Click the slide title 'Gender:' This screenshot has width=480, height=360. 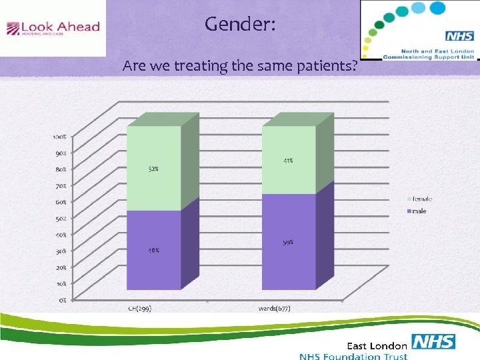[239, 25]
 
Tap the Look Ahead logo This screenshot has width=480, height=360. [53, 28]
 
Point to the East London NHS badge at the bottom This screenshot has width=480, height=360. [433, 342]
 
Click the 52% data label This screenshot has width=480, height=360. [153, 169]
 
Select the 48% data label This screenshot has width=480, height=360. [153, 251]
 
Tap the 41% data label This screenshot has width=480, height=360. [288, 161]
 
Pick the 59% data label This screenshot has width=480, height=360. [288, 243]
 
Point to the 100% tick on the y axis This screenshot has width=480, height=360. [59, 137]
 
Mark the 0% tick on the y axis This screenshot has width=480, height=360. [61, 300]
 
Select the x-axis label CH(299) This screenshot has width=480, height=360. [140, 309]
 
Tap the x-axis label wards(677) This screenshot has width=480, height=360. [275, 309]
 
